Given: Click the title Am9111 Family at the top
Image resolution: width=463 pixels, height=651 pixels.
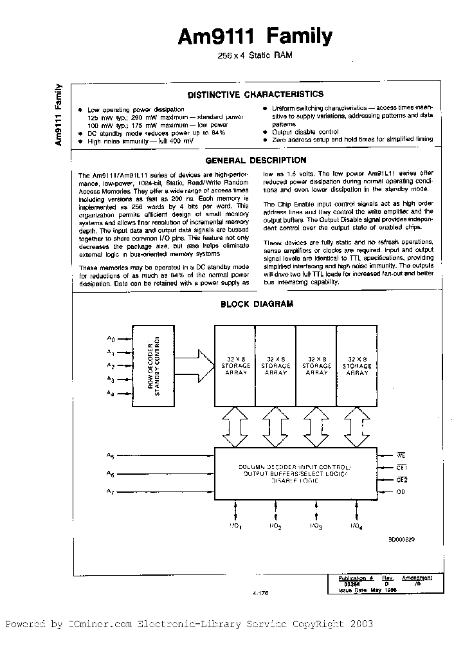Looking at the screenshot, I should coord(255,37).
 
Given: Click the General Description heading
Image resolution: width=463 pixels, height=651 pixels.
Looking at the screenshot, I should coord(255,160).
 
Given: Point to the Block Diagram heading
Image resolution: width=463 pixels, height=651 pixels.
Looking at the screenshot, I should coord(257,304).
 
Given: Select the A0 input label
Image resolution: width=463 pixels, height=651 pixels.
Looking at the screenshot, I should coord(111,338).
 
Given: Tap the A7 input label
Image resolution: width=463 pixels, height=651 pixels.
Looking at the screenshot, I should coord(111,492).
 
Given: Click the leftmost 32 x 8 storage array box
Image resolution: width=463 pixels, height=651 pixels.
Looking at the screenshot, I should coord(235,365).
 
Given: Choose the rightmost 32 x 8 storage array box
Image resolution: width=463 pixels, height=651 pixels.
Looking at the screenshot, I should coord(357,365).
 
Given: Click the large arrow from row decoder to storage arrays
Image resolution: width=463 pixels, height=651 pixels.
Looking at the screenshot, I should coord(195,365).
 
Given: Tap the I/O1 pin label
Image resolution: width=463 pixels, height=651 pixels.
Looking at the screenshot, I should coord(235,527).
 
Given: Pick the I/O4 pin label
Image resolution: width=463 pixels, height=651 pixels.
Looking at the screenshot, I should coord(357,527).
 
